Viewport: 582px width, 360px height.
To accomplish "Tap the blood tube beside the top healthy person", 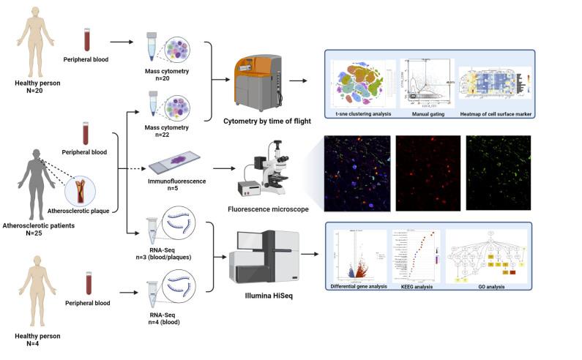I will (87, 40).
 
